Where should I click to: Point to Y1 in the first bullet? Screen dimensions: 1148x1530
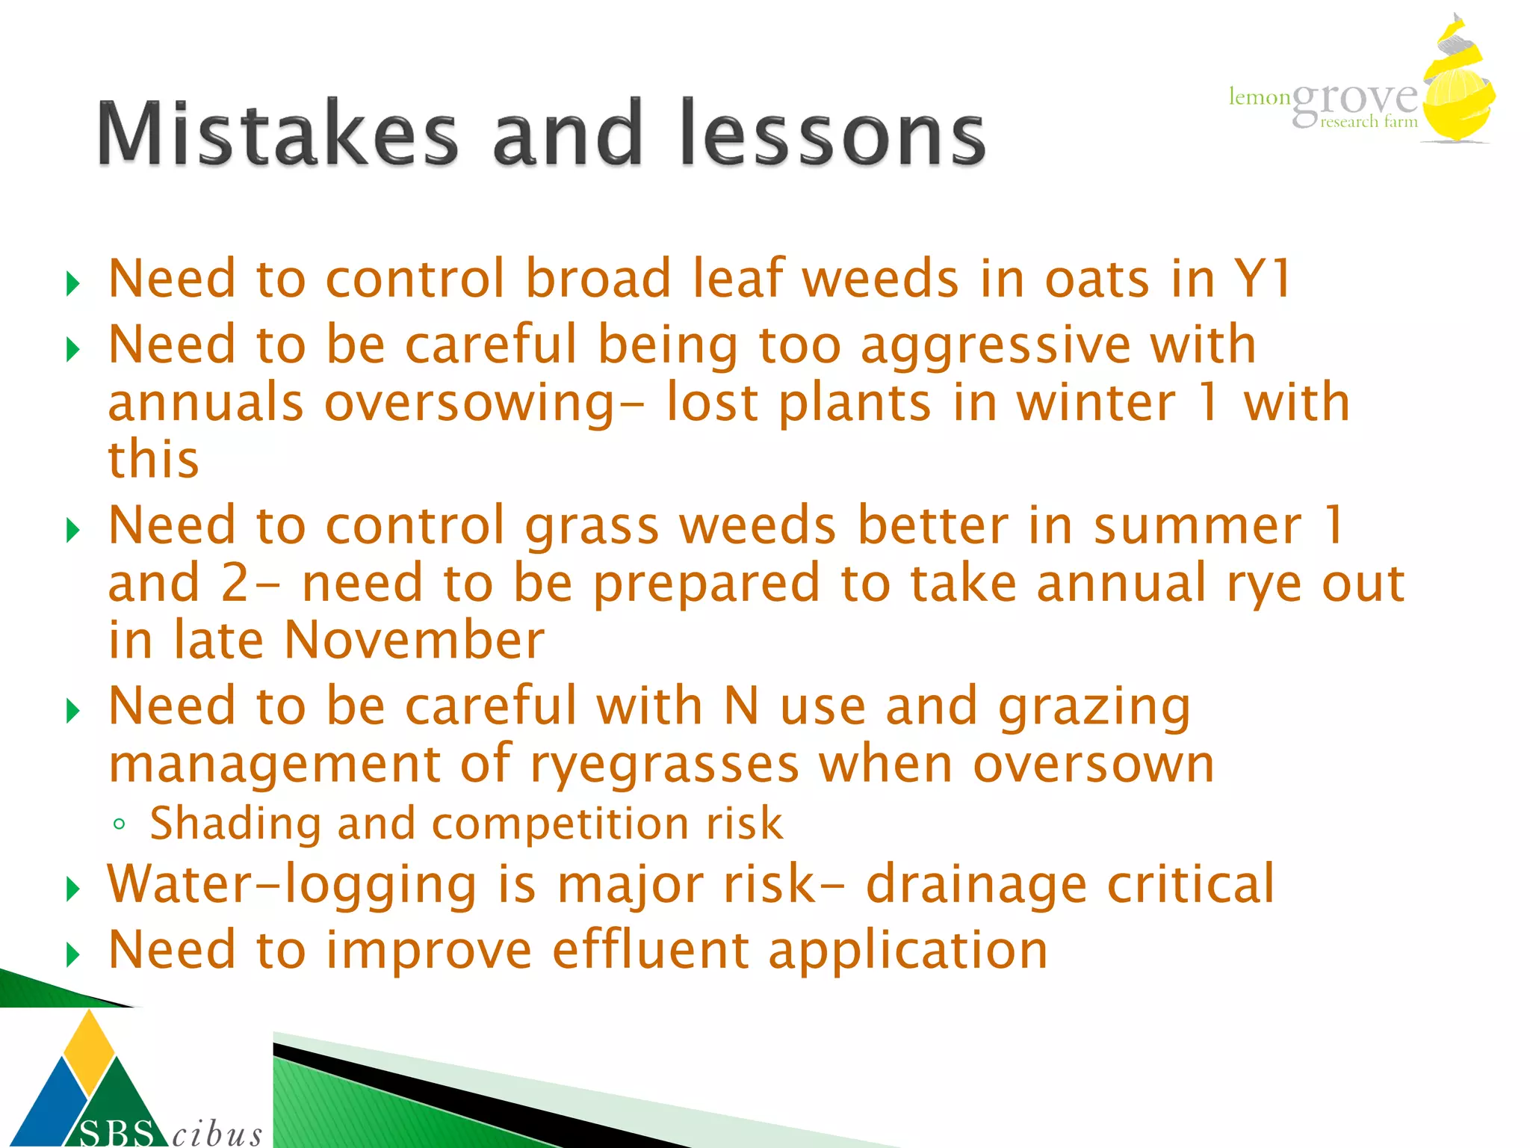[1262, 279]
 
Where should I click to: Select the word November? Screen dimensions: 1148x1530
[415, 641]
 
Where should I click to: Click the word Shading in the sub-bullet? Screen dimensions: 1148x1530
[235, 824]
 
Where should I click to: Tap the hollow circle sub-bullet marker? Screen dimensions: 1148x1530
[119, 825]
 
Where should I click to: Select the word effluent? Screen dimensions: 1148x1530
[650, 951]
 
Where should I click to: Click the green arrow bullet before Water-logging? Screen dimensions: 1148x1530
[72, 889]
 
